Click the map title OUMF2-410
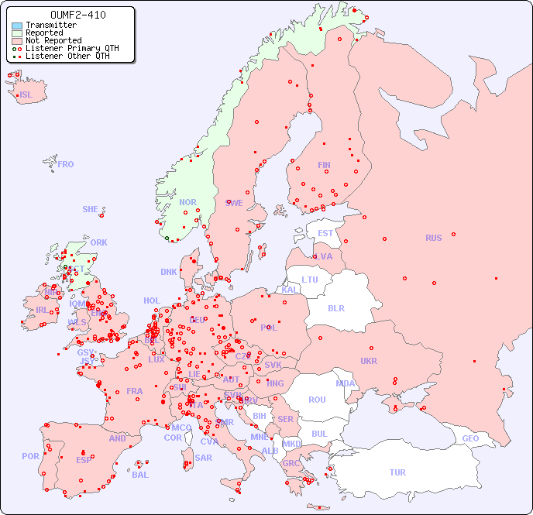point(77,15)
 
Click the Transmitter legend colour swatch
point(17,26)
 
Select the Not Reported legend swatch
point(17,41)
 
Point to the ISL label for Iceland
point(26,95)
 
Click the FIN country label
point(324,165)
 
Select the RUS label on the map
point(433,238)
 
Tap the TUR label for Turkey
point(397,472)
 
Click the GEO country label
point(470,438)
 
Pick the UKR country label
point(369,361)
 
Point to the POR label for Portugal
point(30,456)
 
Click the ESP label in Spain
point(84,459)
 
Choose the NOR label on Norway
point(187,202)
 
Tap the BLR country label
point(336,307)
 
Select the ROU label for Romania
point(317,400)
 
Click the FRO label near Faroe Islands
point(66,164)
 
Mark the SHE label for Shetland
point(91,209)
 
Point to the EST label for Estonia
point(325,233)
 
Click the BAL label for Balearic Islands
point(140,475)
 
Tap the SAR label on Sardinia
point(203,458)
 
